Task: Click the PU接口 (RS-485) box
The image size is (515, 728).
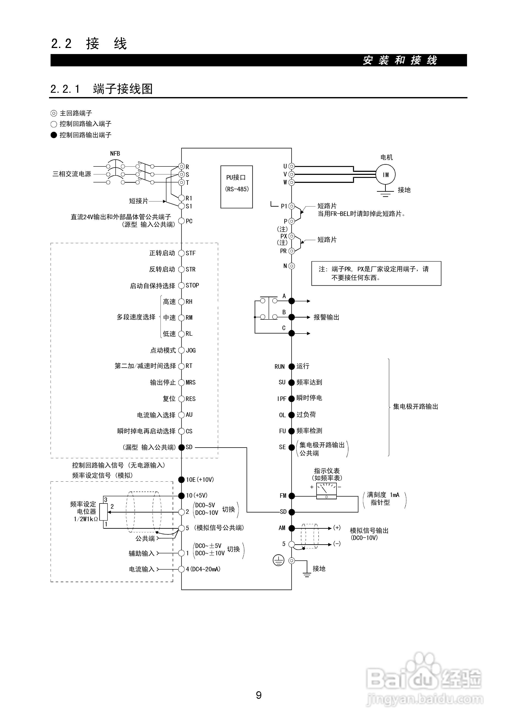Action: point(237,187)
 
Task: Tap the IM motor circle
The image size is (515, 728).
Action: point(385,174)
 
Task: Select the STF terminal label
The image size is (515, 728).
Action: point(191,253)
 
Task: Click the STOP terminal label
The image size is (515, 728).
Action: point(192,285)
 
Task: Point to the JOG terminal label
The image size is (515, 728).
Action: point(191,350)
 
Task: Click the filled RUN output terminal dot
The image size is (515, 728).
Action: point(292,366)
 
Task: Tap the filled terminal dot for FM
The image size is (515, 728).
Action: point(292,495)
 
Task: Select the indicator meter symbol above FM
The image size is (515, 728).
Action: point(326,491)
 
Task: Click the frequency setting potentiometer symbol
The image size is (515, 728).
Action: point(103,512)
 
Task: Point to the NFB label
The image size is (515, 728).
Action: point(115,153)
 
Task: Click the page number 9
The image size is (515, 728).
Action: point(258,695)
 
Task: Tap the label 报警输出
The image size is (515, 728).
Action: point(326,317)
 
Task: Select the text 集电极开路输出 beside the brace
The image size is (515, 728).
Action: point(415,407)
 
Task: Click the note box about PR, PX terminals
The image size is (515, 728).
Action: point(376,273)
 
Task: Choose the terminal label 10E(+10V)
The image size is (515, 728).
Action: point(200,480)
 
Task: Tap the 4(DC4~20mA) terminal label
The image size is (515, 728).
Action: point(203,569)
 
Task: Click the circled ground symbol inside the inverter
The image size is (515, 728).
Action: point(278,561)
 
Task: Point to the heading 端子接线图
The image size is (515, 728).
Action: point(123,89)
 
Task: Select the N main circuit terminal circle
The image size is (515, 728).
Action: point(292,266)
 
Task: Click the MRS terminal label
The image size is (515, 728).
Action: point(191,383)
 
